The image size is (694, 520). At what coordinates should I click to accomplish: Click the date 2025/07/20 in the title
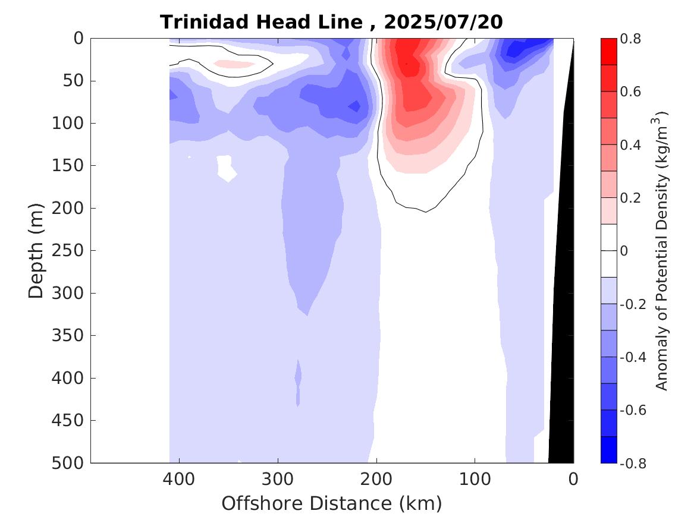[x=443, y=22]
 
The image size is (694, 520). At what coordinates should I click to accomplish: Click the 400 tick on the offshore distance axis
[x=179, y=478]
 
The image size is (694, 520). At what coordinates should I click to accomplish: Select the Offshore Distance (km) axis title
[x=332, y=504]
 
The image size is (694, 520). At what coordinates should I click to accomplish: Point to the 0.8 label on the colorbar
[x=630, y=39]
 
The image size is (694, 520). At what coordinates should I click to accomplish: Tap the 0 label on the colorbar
[x=623, y=251]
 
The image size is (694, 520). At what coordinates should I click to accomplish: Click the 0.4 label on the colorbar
[x=630, y=145]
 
